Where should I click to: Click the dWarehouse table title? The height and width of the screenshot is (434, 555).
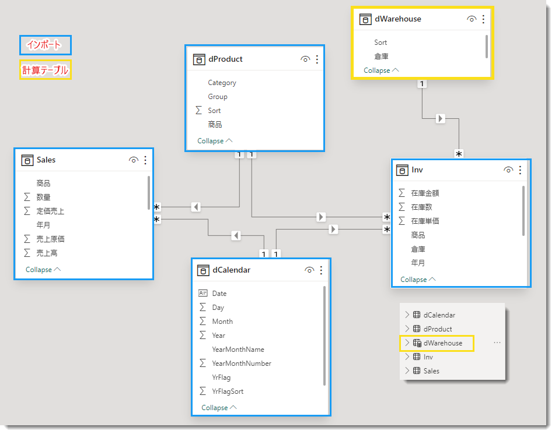tap(398, 19)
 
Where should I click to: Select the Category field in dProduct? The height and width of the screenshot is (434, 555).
tap(222, 83)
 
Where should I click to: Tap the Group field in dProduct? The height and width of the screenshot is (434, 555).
tap(218, 97)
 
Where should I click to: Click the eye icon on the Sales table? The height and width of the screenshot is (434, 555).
tap(134, 160)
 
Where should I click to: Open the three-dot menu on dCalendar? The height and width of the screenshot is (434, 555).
tap(321, 270)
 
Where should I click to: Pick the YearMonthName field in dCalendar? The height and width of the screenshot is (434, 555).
tap(238, 350)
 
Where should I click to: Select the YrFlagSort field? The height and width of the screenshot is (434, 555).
tap(228, 391)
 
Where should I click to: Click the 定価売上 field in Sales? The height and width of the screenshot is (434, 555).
tap(50, 211)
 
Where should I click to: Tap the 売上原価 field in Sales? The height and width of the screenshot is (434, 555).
tap(50, 239)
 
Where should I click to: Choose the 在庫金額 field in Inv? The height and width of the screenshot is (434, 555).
tap(425, 193)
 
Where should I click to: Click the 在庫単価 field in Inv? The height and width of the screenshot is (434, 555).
tap(425, 221)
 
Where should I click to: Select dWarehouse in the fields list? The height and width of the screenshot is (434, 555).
tap(443, 343)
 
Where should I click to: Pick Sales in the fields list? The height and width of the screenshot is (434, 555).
tap(431, 371)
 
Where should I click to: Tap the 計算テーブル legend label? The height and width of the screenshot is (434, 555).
tap(46, 70)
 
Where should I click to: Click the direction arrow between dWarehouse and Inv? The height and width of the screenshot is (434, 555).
tap(440, 118)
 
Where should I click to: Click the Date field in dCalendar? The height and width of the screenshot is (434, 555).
tap(219, 294)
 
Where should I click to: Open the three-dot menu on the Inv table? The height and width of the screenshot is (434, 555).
tap(520, 170)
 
